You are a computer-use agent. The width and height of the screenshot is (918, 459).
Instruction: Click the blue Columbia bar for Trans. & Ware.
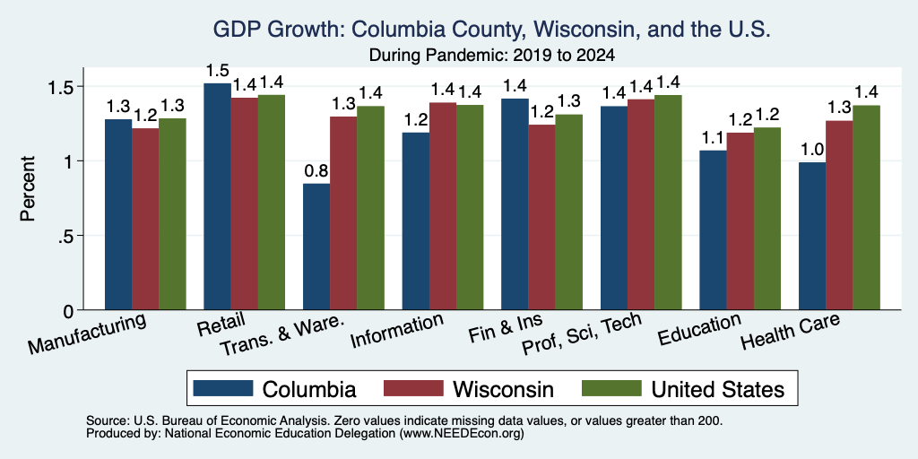click(316, 247)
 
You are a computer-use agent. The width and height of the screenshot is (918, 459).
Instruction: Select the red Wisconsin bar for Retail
click(244, 204)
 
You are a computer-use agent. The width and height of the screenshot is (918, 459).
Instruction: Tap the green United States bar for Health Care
click(866, 207)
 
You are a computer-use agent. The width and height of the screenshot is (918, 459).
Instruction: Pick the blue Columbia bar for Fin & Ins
click(515, 204)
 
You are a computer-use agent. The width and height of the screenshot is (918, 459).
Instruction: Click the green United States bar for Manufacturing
click(172, 214)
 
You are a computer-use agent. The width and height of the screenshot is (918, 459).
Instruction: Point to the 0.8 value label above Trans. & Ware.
click(316, 172)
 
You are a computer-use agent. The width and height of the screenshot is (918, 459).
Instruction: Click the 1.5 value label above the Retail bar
click(217, 71)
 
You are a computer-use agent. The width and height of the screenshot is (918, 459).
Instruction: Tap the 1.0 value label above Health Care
click(812, 150)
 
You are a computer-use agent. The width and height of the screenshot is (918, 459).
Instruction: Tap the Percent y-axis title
click(28, 189)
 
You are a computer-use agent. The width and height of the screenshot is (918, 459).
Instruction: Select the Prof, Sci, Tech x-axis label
click(581, 333)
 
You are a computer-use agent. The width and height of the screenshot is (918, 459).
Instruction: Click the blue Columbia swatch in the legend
click(223, 388)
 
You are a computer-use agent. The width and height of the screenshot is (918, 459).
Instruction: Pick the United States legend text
click(718, 389)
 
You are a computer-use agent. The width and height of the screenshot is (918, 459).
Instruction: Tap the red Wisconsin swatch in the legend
click(413, 388)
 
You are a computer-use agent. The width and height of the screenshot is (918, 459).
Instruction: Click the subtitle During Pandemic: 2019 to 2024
click(492, 56)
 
